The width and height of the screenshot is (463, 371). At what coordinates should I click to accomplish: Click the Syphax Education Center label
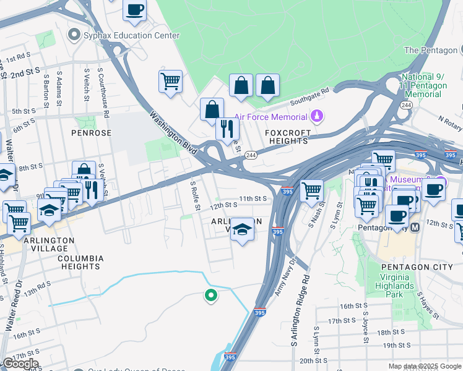(132, 35)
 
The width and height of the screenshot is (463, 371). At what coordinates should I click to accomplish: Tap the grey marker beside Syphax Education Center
(76, 35)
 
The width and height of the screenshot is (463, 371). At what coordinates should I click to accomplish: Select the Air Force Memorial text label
(271, 117)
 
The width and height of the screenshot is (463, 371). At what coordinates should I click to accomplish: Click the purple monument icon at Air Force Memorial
(316, 116)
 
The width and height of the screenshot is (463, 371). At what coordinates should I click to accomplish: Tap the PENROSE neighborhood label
(91, 133)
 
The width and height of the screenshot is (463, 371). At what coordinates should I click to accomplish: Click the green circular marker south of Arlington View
(210, 296)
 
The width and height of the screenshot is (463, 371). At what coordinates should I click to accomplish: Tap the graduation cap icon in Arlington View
(242, 229)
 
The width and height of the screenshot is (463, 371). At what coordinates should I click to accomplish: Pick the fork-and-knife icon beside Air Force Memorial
(227, 128)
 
